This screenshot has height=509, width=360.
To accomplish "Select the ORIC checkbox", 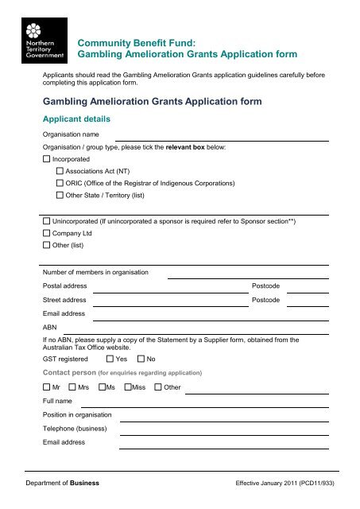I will [60, 183].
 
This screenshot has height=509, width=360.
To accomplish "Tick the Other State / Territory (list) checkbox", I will [60, 195].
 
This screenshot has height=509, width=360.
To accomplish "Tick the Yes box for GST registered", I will [110, 359].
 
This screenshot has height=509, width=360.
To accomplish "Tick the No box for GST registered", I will [141, 359].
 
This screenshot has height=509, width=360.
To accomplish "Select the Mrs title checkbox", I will [72, 387].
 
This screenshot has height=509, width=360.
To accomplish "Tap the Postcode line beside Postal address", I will [307, 289].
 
